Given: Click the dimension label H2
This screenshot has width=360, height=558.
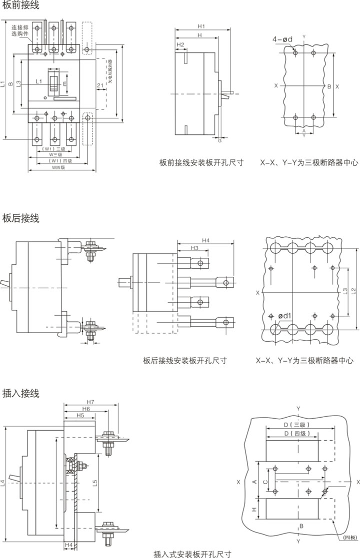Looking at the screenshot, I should (180, 45).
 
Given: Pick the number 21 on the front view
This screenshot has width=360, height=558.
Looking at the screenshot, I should (100, 85).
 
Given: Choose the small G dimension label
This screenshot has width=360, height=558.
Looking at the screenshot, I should (219, 141).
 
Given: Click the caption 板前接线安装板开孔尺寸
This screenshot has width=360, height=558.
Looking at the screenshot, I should (201, 163).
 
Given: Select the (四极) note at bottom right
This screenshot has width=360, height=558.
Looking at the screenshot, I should (349, 538).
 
